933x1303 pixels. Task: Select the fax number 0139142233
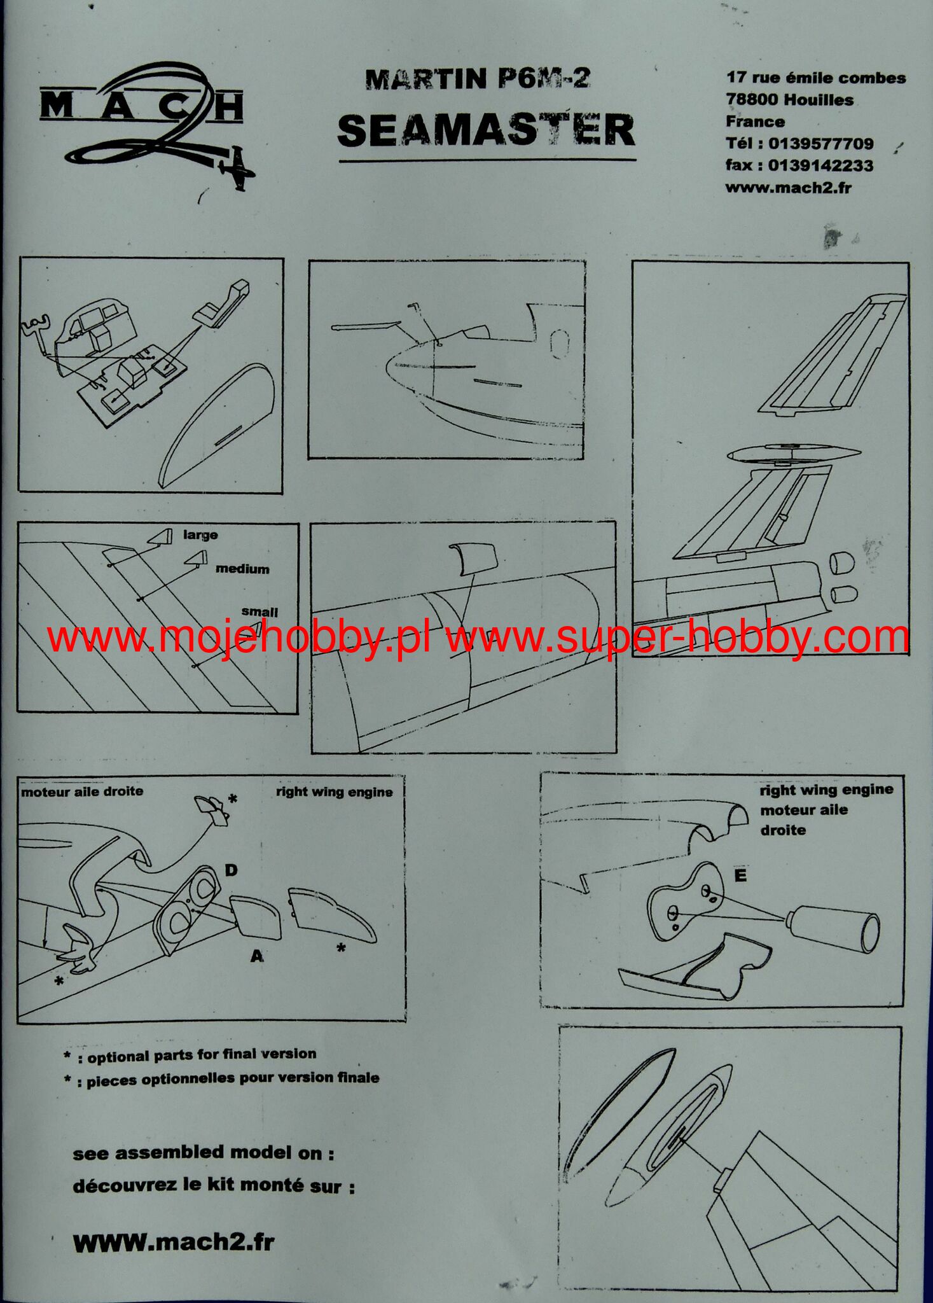[820, 165]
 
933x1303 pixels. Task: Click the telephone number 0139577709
[821, 144]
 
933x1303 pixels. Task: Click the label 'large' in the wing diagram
[200, 535]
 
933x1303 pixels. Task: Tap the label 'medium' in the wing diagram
[242, 569]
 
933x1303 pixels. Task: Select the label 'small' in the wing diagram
[259, 612]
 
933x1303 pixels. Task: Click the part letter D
[231, 870]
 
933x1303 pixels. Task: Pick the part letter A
[257, 956]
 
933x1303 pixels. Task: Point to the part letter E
[740, 877]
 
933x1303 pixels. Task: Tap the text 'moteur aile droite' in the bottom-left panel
[82, 792]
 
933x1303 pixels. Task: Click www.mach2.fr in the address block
[788, 188]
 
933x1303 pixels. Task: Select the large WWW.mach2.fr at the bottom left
[174, 1243]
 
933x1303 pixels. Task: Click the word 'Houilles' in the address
[819, 100]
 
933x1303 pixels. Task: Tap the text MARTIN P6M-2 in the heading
[478, 79]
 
